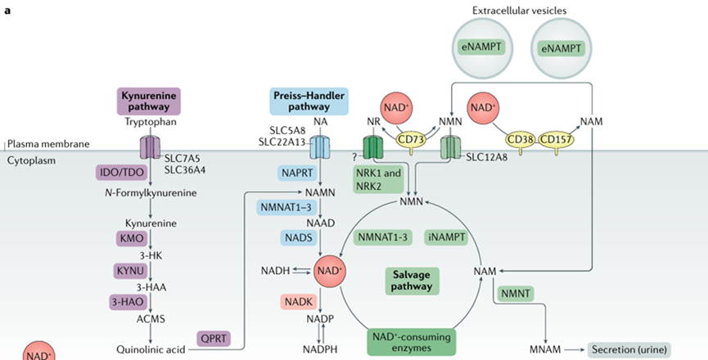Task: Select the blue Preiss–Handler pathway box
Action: [308, 101]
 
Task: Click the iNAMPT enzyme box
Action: [446, 237]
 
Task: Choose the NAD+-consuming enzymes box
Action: [411, 342]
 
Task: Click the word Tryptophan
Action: [150, 123]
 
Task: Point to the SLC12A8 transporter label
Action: [486, 155]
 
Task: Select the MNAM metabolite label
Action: [546, 349]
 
